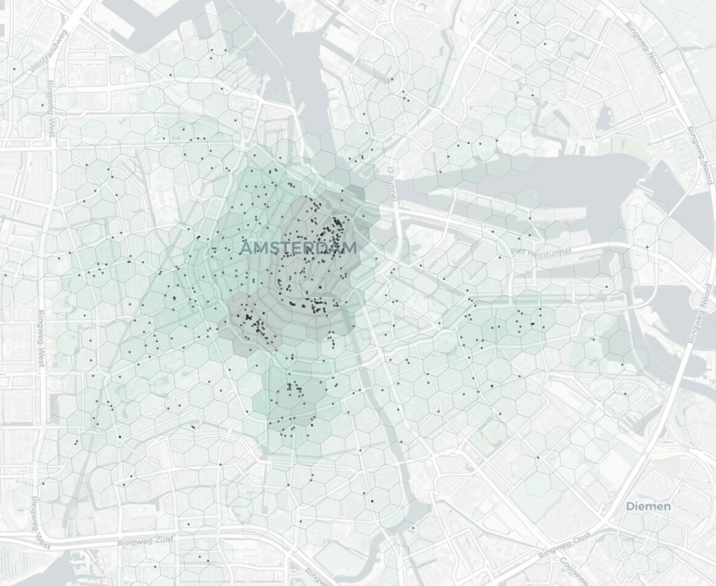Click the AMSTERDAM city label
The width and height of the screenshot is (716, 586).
tap(299, 248)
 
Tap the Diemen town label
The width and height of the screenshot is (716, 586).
tap(649, 506)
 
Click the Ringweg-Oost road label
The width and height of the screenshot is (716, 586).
tap(564, 546)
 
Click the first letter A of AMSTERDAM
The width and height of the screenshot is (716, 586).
tap(246, 248)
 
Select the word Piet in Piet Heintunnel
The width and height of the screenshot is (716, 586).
tap(518, 251)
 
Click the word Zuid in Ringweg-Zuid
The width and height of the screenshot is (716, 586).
tap(164, 540)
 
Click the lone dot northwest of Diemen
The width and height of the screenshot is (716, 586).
tap(538, 458)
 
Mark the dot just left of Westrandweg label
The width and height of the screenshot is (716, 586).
tap(14, 69)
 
